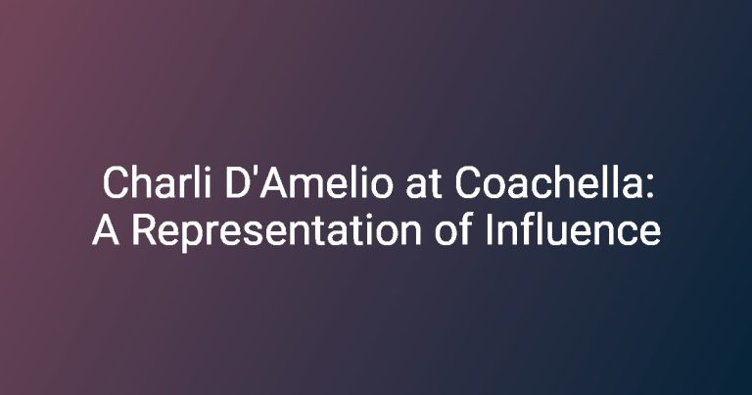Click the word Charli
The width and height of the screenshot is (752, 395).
pos(157,182)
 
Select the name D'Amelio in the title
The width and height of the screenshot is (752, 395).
pos(308,182)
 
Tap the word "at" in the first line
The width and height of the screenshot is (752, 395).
pos(423,184)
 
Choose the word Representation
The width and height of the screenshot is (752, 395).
pos(277,232)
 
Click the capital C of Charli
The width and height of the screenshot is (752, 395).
pos(116,182)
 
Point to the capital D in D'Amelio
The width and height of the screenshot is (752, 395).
pos(237,182)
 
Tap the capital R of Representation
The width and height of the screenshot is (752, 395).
pos(144,230)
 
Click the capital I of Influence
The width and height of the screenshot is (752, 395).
pos(490,230)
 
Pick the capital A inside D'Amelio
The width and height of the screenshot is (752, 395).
pos(272,182)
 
